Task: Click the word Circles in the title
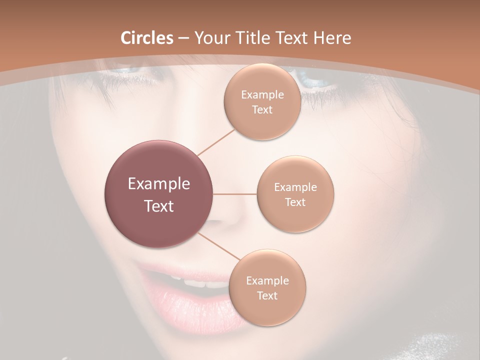[x=146, y=38]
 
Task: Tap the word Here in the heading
[x=331, y=38]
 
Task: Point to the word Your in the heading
[x=210, y=38]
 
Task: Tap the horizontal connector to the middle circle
[x=234, y=194]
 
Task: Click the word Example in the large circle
[x=158, y=184]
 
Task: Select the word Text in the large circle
[x=158, y=206]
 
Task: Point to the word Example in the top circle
[x=262, y=95]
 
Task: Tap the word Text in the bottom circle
[x=267, y=295]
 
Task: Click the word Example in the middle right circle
[x=295, y=187]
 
